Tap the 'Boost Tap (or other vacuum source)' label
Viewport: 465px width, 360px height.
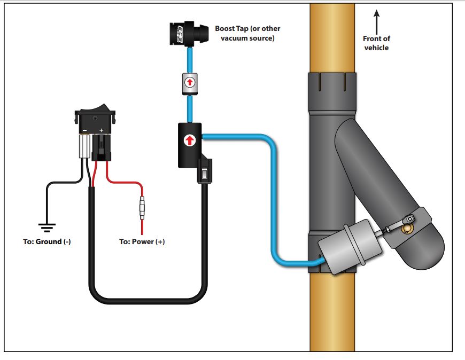pyautogui.click(x=247, y=33)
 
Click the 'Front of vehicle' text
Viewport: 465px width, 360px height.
pyautogui.click(x=376, y=43)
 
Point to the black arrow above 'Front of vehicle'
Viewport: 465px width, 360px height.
pyautogui.click(x=376, y=21)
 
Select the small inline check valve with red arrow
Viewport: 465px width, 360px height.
pyautogui.click(x=189, y=83)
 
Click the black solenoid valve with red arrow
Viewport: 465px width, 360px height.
pyautogui.click(x=189, y=143)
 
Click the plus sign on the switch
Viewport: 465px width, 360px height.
pyautogui.click(x=101, y=130)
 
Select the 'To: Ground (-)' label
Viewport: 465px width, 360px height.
pyautogui.click(x=47, y=241)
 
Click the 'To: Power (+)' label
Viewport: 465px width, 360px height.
pyautogui.click(x=142, y=241)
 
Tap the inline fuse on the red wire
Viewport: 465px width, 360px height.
pyautogui.click(x=142, y=208)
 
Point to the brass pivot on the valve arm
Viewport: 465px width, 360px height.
pyautogui.click(x=409, y=228)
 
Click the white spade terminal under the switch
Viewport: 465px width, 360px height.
pyautogui.click(x=84, y=146)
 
